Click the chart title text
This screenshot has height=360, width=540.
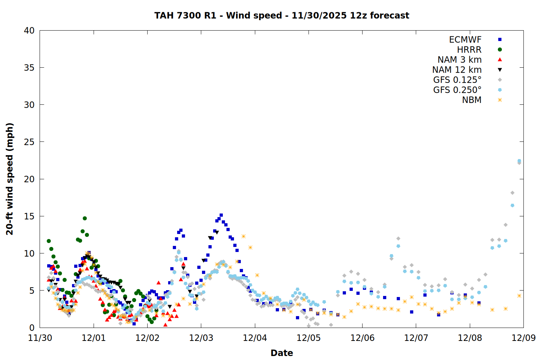[282, 15]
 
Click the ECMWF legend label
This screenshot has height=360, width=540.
[465, 40]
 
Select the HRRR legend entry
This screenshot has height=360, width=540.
[469, 50]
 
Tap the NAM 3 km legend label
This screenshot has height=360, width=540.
[459, 60]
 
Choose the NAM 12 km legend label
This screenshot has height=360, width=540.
[457, 70]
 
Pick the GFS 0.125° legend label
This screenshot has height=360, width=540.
[457, 80]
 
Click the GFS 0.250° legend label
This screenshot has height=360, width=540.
[457, 90]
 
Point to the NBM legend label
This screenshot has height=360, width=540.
[472, 100]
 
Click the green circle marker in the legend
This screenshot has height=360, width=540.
[500, 50]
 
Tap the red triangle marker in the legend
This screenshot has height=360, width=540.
[500, 60]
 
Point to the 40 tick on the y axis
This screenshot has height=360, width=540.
[30, 31]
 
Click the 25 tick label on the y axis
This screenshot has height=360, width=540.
[30, 142]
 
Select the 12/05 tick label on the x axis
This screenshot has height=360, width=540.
[309, 338]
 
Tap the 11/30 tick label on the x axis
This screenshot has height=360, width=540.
[40, 338]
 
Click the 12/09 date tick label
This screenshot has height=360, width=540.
[523, 338]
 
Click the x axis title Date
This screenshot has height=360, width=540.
[282, 353]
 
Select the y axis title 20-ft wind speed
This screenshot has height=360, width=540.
[10, 179]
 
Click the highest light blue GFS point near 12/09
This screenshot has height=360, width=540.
[519, 161]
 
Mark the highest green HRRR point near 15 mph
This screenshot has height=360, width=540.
[85, 218]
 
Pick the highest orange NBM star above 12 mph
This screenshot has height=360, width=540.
[243, 236]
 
